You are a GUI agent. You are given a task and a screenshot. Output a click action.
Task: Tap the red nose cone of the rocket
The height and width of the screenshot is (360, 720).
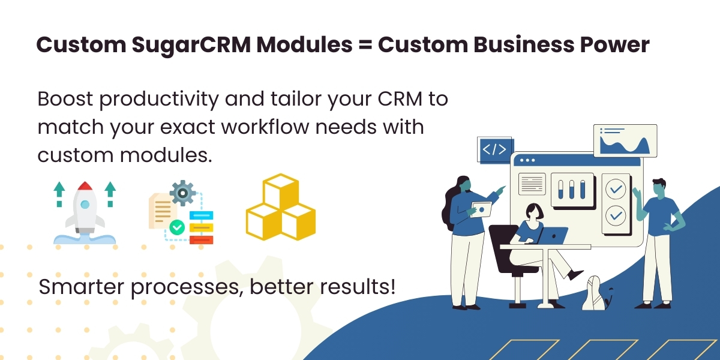coord(85,187)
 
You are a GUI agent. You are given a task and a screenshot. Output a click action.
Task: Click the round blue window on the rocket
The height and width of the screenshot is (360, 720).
coord(85,205)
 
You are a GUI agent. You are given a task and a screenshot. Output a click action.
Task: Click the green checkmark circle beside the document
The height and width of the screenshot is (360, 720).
coord(176,227)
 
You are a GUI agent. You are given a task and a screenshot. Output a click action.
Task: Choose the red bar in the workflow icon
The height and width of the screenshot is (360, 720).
coord(201,239)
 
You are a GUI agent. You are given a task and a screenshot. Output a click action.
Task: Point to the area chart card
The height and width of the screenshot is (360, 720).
coord(625,140)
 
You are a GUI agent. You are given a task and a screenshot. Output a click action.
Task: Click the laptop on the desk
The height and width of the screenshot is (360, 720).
coord(553,235)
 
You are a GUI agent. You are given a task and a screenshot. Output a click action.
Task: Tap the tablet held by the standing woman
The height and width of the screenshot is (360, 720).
coord(481,209)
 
